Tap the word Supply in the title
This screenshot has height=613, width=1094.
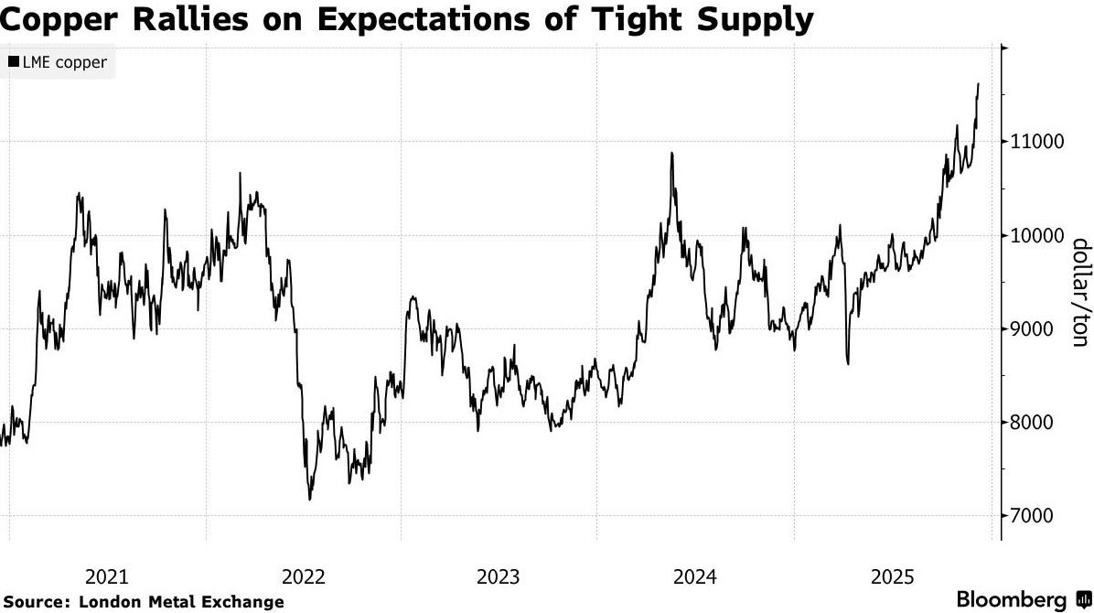coord(753,19)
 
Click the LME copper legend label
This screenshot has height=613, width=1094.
coord(65,63)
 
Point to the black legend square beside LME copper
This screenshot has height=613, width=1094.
coord(14,63)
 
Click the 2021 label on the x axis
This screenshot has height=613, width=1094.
coord(107,576)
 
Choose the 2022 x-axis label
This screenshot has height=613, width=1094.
coord(304,576)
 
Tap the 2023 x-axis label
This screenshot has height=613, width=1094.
coord(499,576)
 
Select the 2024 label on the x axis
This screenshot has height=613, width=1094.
coord(695,576)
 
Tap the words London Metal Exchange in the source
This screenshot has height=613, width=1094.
coord(181,602)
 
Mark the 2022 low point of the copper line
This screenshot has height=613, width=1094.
coord(309,499)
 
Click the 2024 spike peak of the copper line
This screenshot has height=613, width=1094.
coord(671,153)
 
